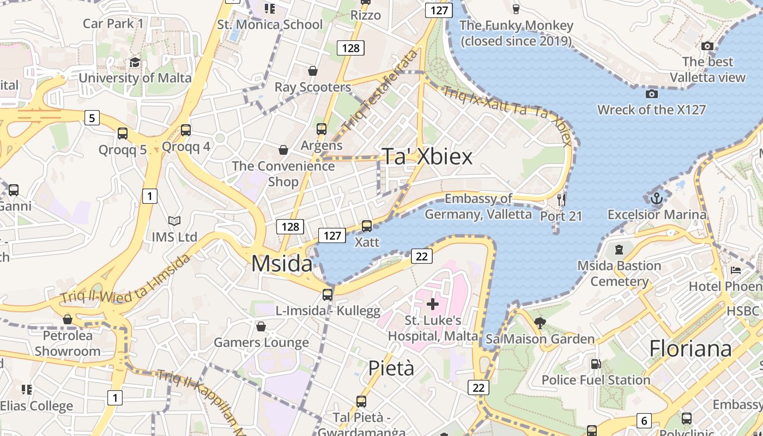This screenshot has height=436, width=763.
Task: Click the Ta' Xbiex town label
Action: point(427,157)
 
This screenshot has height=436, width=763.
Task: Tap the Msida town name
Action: point(282,264)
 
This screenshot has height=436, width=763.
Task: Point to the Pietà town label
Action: point(391,368)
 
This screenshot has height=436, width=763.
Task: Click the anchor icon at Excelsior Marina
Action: point(656,198)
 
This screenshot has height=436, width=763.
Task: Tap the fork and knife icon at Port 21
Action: point(561,200)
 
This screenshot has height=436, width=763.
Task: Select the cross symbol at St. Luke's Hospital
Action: point(433,304)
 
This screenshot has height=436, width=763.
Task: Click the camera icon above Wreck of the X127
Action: point(651,94)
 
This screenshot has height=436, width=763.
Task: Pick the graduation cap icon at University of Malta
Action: point(135,62)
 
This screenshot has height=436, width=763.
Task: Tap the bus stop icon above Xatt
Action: point(367,226)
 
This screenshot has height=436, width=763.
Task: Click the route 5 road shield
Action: point(92,117)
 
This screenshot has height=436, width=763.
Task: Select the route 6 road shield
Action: point(644,421)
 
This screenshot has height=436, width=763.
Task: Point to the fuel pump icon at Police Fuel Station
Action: point(596,364)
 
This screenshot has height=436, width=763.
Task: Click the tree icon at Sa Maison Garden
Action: point(540,323)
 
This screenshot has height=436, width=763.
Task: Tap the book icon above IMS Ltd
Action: point(174,221)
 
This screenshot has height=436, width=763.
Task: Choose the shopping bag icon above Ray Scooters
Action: point(313,71)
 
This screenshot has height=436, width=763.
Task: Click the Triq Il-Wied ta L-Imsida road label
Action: point(125,278)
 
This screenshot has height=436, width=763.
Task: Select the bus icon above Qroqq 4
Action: point(186,130)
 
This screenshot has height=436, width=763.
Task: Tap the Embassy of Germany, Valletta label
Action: point(478,207)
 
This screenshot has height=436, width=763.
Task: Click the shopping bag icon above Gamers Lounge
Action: point(261,326)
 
